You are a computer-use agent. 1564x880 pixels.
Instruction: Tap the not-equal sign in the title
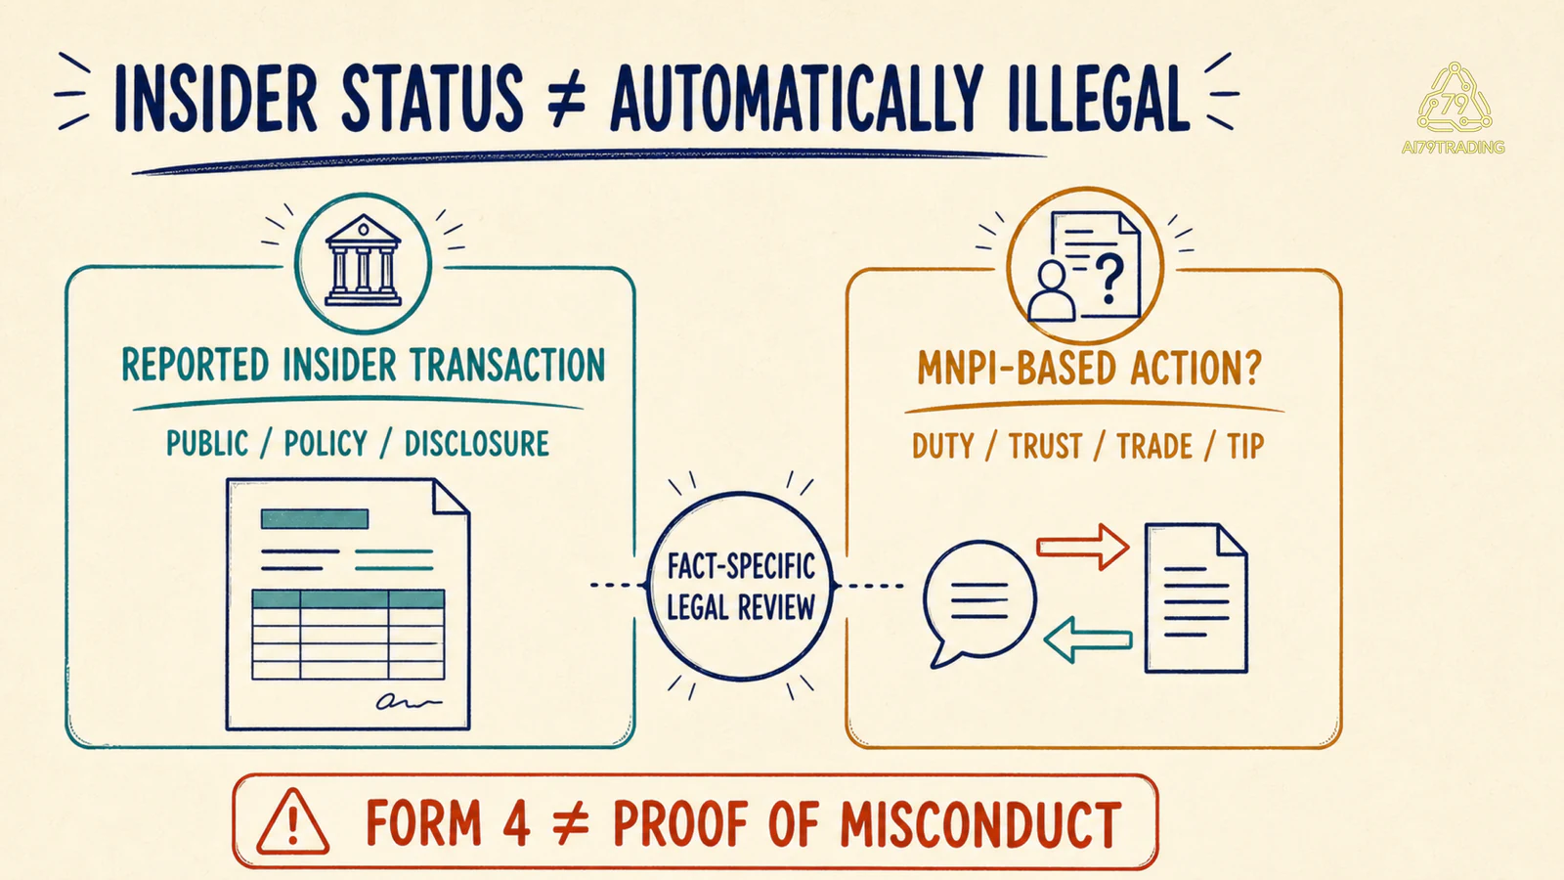[x=566, y=99]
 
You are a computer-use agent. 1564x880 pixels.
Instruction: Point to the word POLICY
[x=326, y=444]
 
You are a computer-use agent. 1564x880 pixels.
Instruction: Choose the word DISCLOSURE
[x=477, y=444]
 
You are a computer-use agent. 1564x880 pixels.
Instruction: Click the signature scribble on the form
[x=409, y=701]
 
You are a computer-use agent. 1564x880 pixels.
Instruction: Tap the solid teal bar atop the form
[x=314, y=519]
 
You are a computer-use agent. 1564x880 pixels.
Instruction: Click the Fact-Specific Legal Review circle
[x=740, y=494]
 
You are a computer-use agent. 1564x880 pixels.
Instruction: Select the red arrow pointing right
[x=1082, y=547]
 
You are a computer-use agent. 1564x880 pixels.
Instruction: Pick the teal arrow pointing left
[x=1088, y=639]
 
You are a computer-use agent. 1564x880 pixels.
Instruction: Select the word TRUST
[x=1045, y=446]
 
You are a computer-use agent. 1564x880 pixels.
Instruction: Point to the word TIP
[x=1245, y=446]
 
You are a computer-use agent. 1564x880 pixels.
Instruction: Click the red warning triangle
[x=292, y=822]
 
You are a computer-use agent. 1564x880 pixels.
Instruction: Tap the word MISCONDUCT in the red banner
[x=980, y=824]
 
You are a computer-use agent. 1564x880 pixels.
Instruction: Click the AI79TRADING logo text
[x=1453, y=148]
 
